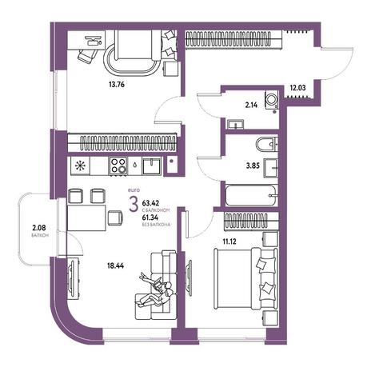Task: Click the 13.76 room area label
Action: (117, 85)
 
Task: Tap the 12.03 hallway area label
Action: (297, 88)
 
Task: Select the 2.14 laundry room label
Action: (251, 106)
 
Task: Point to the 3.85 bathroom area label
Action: (253, 166)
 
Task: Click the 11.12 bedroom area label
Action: (229, 241)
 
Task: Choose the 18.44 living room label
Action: (116, 265)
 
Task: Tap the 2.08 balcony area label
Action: (39, 228)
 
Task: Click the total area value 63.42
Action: (150, 203)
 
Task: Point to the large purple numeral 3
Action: (134, 205)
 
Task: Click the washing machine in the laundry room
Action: (272, 100)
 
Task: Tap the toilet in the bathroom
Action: (267, 145)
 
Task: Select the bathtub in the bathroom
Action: (250, 196)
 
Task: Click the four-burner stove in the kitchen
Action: (118, 166)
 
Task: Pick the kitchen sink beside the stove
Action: (151, 166)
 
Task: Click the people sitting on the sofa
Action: (156, 290)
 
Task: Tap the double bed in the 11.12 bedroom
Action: (245, 279)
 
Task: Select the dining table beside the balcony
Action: (86, 218)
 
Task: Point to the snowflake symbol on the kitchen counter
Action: (80, 166)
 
